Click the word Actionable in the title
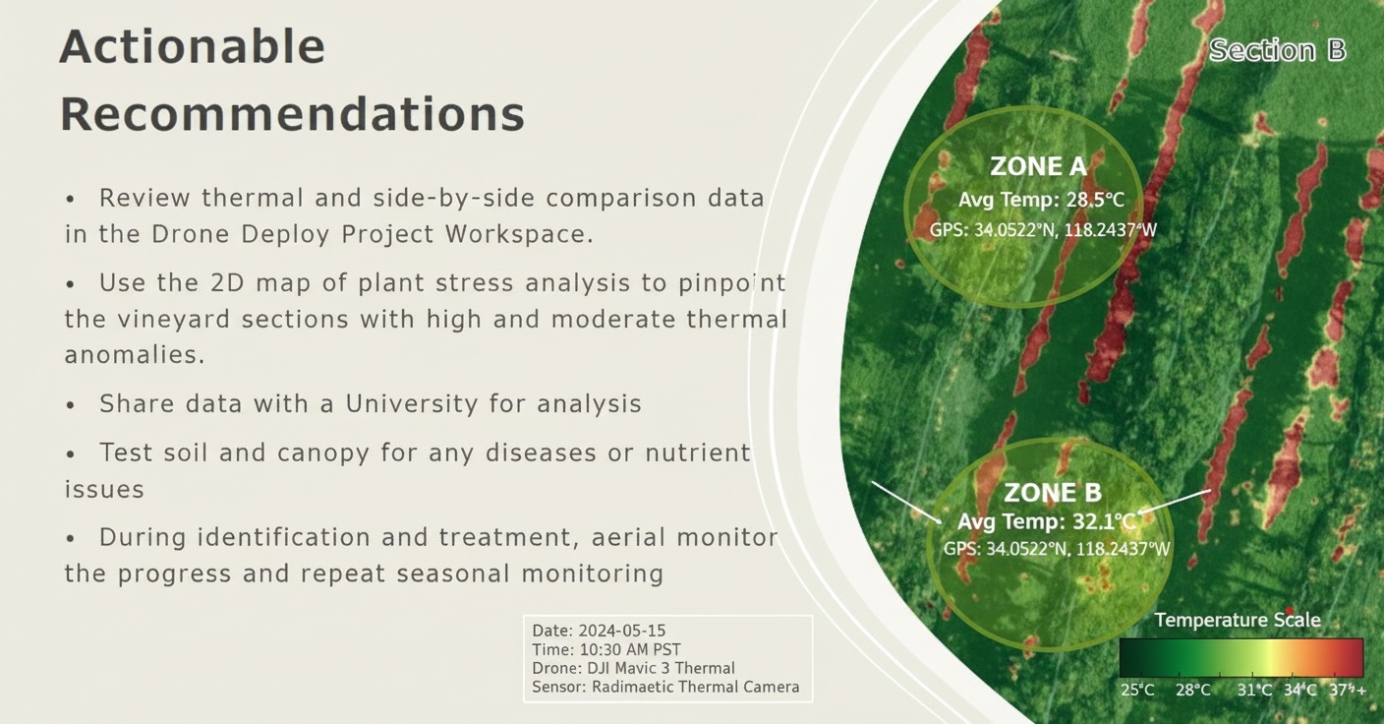(192, 47)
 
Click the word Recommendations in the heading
(292, 115)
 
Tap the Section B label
(1277, 50)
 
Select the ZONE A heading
(1039, 166)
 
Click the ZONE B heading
(1053, 493)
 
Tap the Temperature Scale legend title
(1237, 620)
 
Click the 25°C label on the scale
(1137, 690)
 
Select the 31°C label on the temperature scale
(1254, 690)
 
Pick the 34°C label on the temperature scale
(1299, 690)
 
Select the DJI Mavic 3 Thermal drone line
(633, 668)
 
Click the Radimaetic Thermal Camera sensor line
(665, 687)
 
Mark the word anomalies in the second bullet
(135, 355)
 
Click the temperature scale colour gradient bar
(1240, 657)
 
